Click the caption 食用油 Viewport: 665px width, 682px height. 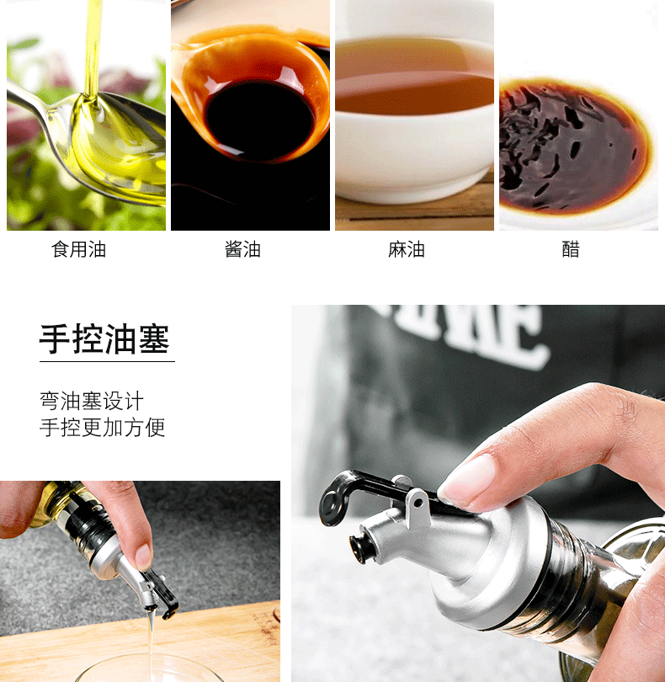pyautogui.click(x=79, y=250)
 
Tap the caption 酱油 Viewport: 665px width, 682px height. pyautogui.click(x=242, y=250)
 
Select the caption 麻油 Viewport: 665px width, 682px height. pyautogui.click(x=407, y=250)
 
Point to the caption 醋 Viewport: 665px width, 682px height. pyautogui.click(x=571, y=250)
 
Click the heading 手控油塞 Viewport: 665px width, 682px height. pyautogui.click(x=104, y=338)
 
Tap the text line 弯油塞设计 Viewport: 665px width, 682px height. pyautogui.click(x=92, y=401)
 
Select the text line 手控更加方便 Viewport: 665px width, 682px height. pyautogui.click(x=102, y=427)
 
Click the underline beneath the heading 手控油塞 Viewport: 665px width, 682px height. pyautogui.click(x=107, y=361)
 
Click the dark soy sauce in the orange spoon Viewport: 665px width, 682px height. pyautogui.click(x=259, y=120)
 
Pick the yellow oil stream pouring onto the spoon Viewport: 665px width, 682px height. pyautogui.click(x=93, y=48)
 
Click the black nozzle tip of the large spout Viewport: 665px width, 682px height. pyautogui.click(x=358, y=549)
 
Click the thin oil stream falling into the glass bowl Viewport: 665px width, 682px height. pyautogui.click(x=151, y=639)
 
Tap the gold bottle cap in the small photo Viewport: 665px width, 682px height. pyautogui.click(x=48, y=504)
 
